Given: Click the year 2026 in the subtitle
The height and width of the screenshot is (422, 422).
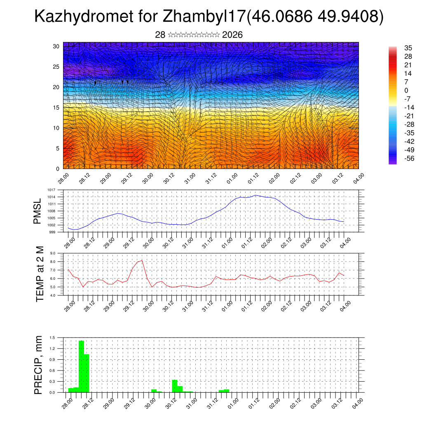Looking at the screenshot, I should (x=232, y=35).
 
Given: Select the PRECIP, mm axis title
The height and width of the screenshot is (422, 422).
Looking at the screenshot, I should (x=38, y=365).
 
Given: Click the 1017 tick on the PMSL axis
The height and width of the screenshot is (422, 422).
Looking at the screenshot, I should (x=52, y=190).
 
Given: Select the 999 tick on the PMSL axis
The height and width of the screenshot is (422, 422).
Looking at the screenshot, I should (x=52, y=232).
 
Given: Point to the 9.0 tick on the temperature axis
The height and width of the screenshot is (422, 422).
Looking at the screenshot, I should (x=53, y=253).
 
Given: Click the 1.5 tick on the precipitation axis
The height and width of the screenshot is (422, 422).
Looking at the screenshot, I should (x=52, y=338).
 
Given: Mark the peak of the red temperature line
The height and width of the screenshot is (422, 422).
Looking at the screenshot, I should (x=142, y=260).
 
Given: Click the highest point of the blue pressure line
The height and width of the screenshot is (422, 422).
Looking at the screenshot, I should (x=256, y=195).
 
